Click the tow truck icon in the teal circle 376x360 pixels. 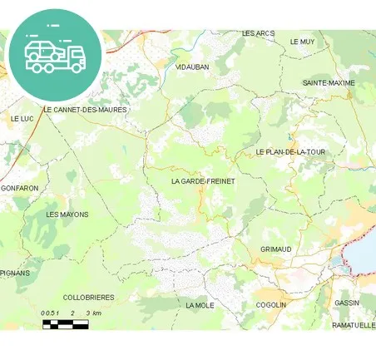click(x=55, y=55)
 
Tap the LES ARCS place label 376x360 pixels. click(x=258, y=33)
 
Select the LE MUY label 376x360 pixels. click(x=302, y=41)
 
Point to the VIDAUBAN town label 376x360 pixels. click(x=192, y=67)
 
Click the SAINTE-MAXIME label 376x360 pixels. click(x=328, y=83)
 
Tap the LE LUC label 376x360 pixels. click(x=21, y=119)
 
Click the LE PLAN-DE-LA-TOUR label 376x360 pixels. click(x=290, y=152)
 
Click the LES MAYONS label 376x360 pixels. click(x=67, y=215)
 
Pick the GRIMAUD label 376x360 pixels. click(x=275, y=249)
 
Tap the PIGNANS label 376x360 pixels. click(x=15, y=272)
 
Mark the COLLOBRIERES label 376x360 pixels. click(x=89, y=297)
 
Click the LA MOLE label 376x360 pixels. click(x=200, y=305)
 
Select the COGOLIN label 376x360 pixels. click(x=270, y=304)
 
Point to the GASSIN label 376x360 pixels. click(x=347, y=303)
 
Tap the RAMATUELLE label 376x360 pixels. click(x=353, y=325)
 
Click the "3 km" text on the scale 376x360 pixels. click(x=92, y=313)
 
